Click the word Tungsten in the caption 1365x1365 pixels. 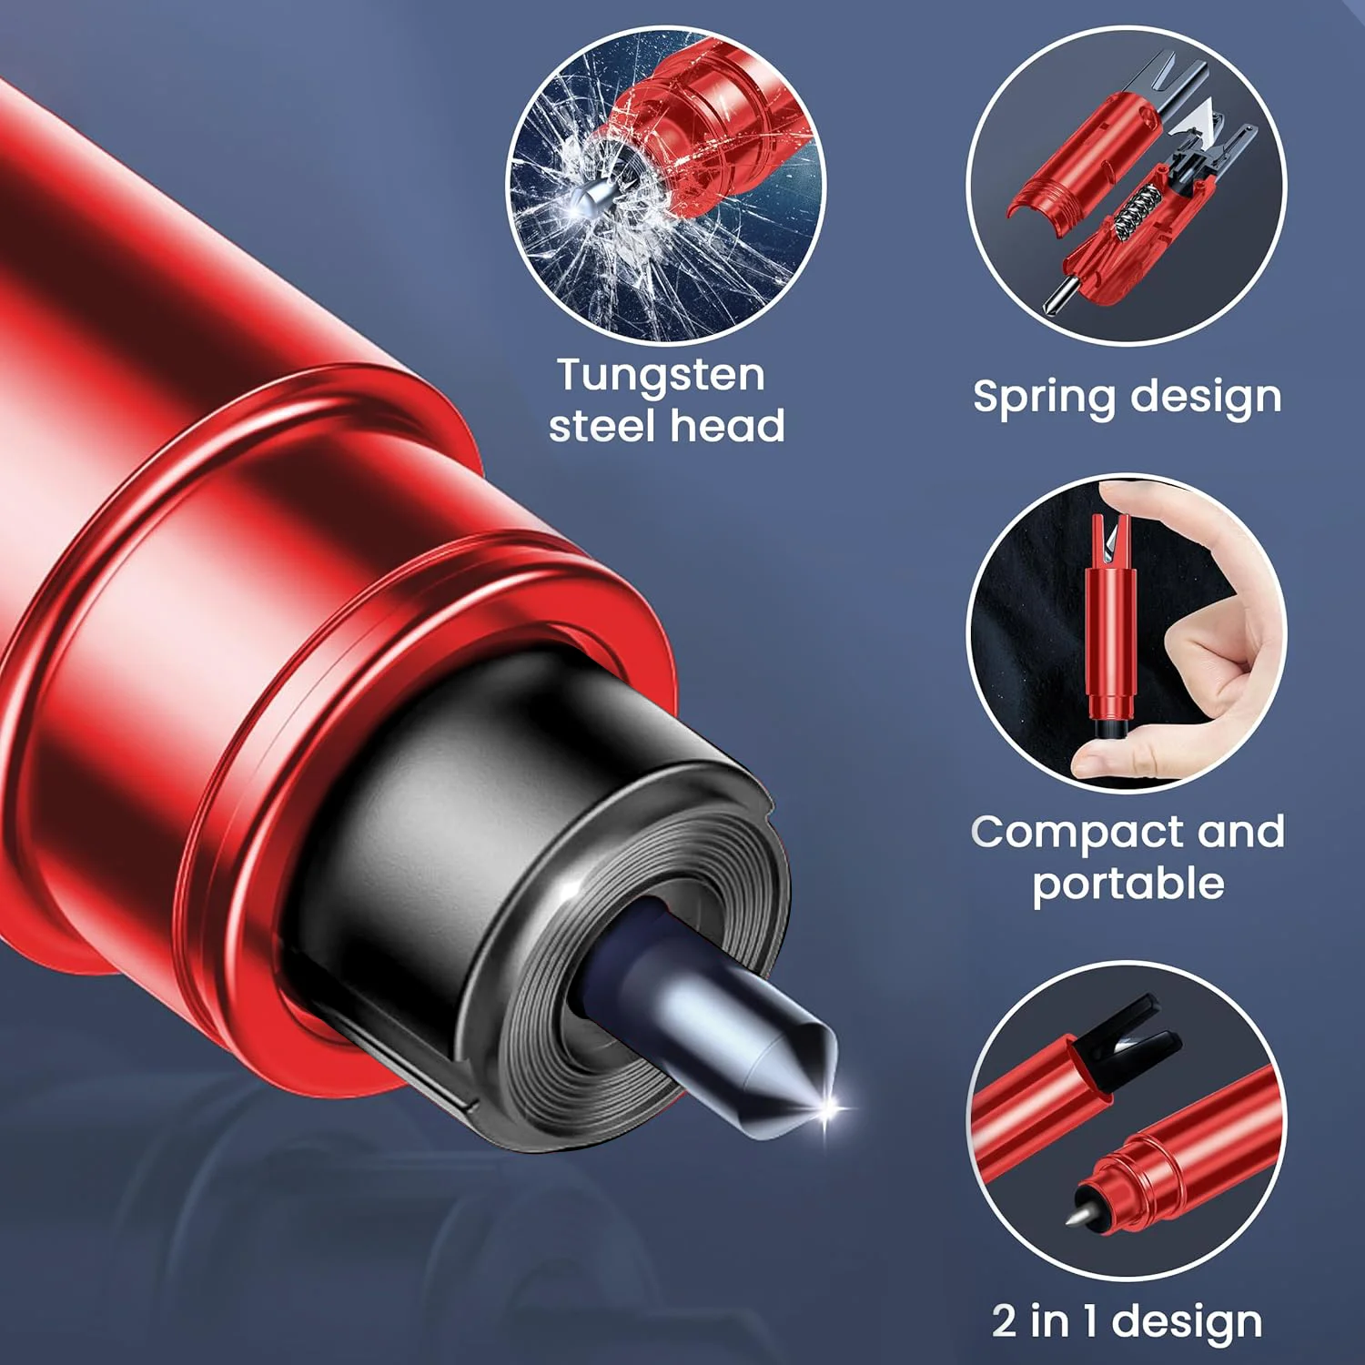coord(661,376)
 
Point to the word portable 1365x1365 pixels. coord(1128,883)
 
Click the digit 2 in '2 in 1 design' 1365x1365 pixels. coord(1004,1320)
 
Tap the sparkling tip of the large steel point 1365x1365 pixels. coord(830,1108)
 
